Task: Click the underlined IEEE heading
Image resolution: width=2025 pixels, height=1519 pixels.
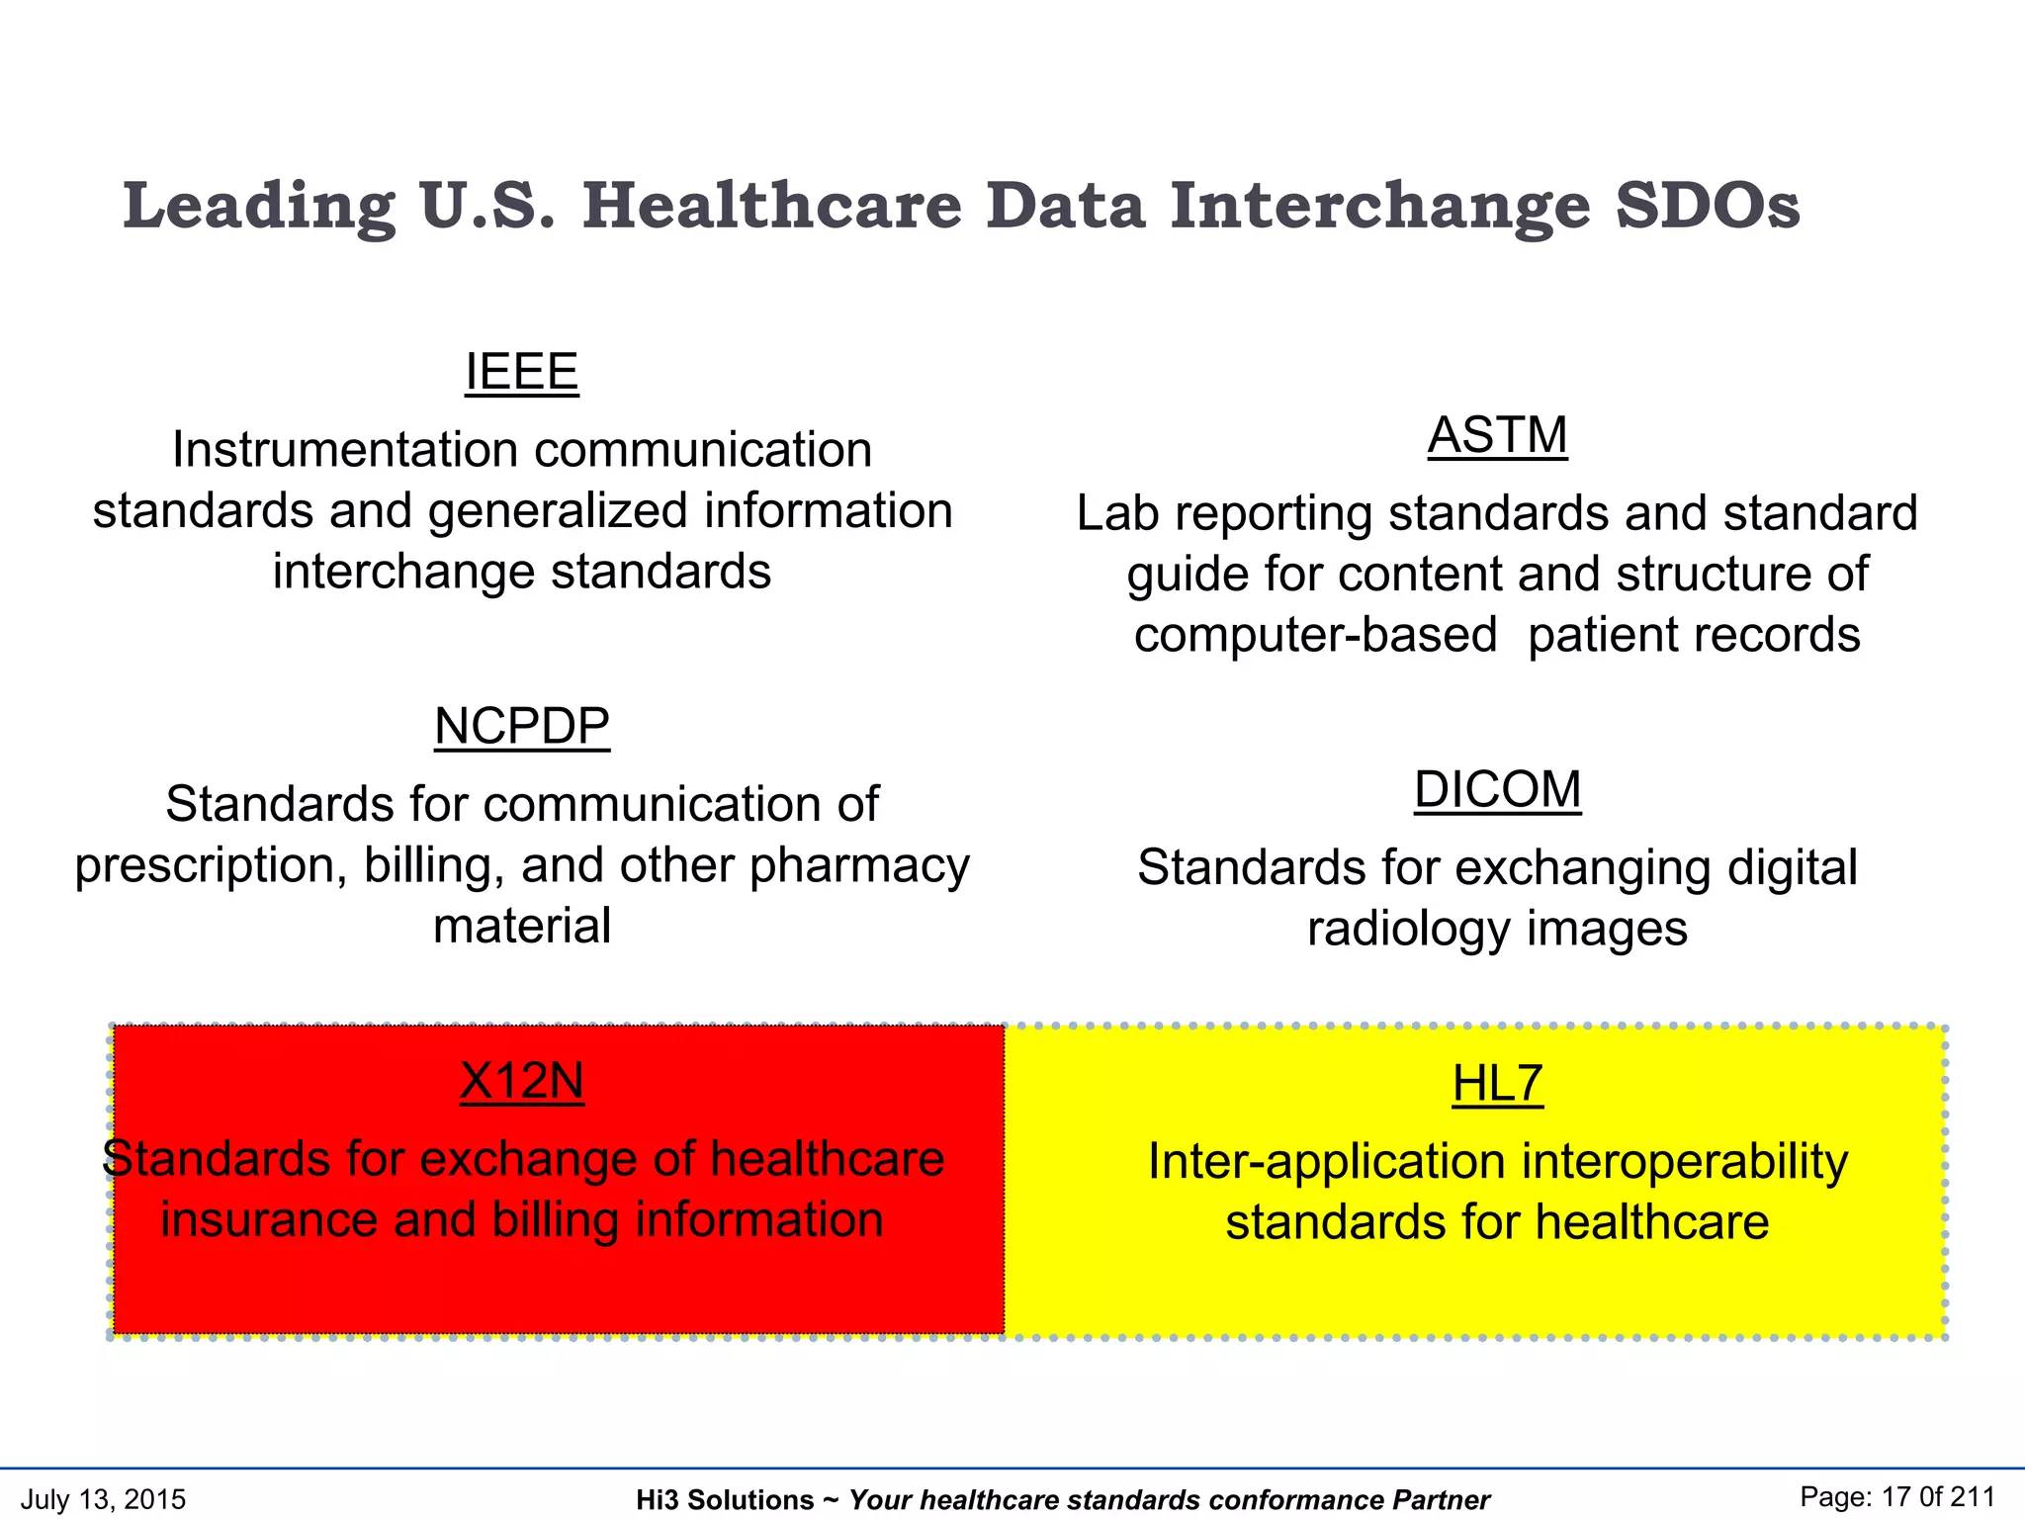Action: [521, 373]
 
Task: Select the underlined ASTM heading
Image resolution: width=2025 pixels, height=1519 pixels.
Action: [1497, 436]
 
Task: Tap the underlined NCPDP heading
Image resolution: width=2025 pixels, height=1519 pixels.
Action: [521, 727]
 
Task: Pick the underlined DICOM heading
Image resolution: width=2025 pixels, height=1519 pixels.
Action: [1497, 790]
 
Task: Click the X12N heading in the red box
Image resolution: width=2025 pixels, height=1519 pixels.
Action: [521, 1082]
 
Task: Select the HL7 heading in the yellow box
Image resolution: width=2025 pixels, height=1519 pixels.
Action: [1497, 1084]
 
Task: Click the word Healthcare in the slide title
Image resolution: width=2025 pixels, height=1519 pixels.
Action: [771, 206]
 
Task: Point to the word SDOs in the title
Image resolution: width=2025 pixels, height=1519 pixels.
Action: [1708, 206]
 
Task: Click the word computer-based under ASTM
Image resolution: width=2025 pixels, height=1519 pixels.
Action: [1315, 635]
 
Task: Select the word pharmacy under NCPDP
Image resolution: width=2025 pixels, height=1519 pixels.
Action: [859, 865]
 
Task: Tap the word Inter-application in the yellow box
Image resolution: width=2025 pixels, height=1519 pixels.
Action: [1327, 1162]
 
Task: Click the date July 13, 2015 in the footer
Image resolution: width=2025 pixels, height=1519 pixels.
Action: [103, 1499]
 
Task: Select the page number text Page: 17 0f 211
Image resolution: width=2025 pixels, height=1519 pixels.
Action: [1896, 1497]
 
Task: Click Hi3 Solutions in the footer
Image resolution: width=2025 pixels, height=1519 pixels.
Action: [724, 1500]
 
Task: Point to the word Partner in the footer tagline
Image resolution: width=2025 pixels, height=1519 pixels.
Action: [1441, 1500]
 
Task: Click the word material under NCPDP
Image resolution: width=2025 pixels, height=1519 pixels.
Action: [521, 927]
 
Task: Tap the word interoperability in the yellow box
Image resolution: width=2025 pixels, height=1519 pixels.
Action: [1684, 1162]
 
